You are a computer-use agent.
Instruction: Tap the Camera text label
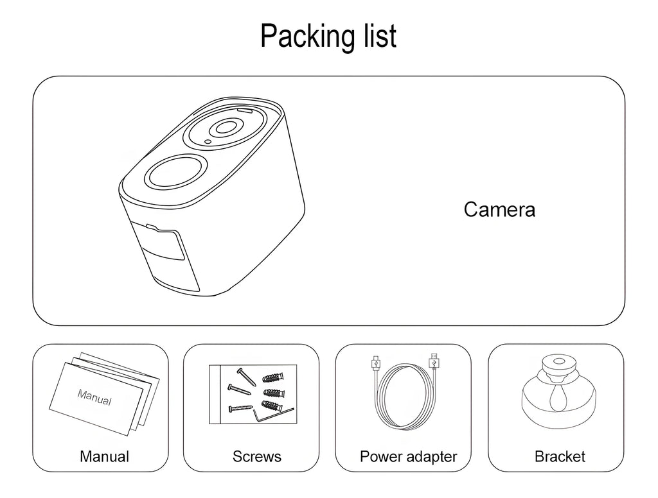(x=499, y=210)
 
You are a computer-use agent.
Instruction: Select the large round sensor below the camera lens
(x=172, y=171)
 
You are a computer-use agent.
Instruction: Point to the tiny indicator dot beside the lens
(x=208, y=142)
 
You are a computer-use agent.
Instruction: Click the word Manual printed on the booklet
(x=94, y=397)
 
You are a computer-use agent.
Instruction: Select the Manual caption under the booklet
(x=104, y=457)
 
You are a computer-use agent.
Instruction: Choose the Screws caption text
(x=256, y=457)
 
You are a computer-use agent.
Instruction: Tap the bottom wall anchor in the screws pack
(x=272, y=405)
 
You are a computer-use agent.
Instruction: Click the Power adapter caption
(x=408, y=457)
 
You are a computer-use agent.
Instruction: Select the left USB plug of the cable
(x=374, y=363)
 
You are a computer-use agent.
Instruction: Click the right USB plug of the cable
(x=434, y=362)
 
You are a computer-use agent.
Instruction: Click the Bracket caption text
(x=560, y=457)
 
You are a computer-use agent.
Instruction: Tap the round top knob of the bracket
(x=556, y=365)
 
